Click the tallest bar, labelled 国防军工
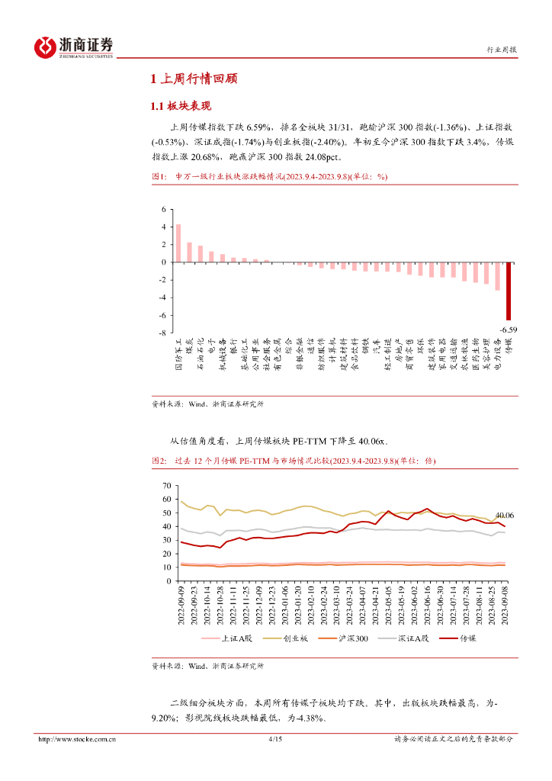coord(178,243)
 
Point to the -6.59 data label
coord(509,329)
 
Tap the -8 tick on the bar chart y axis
coord(162,333)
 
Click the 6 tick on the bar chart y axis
coord(163,209)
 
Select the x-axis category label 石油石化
coord(201,356)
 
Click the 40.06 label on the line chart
coord(504,516)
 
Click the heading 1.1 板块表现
coord(181,106)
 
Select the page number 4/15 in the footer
coord(276,739)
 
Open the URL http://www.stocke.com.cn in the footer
coord(78,739)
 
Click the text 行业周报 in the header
coord(502,50)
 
